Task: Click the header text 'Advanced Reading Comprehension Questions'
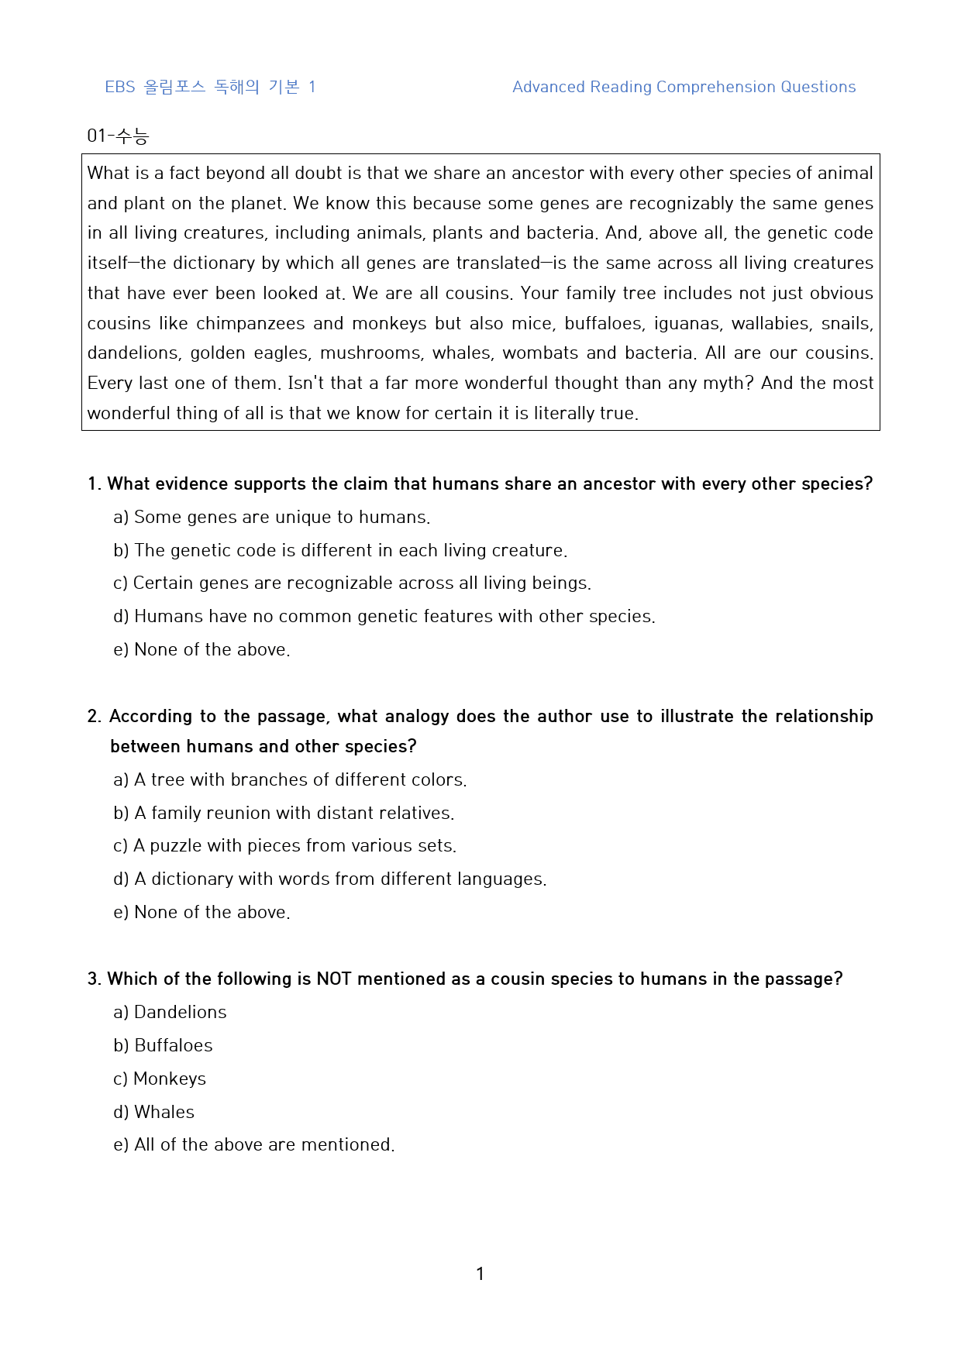coord(684,87)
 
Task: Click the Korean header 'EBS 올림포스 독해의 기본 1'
coord(210,87)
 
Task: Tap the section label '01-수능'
coord(118,136)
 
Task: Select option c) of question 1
coord(353,583)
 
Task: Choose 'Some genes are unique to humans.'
coord(272,517)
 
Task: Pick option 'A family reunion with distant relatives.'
coord(284,813)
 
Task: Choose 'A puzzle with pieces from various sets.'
coord(285,845)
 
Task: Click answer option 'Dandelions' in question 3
coord(170,1012)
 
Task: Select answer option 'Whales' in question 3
coord(154,1112)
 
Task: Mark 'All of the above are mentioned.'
coord(254,1144)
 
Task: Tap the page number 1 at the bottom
coord(480,1274)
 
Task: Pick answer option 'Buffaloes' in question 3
coord(164,1045)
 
